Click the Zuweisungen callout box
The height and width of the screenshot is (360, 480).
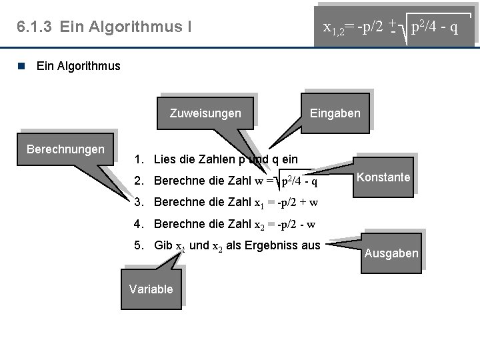pos(205,113)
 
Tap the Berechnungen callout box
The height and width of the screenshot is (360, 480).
pos(65,147)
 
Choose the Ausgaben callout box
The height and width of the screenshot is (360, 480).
pos(391,253)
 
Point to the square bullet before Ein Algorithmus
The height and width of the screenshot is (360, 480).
pos(22,65)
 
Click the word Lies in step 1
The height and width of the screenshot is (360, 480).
pos(163,159)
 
